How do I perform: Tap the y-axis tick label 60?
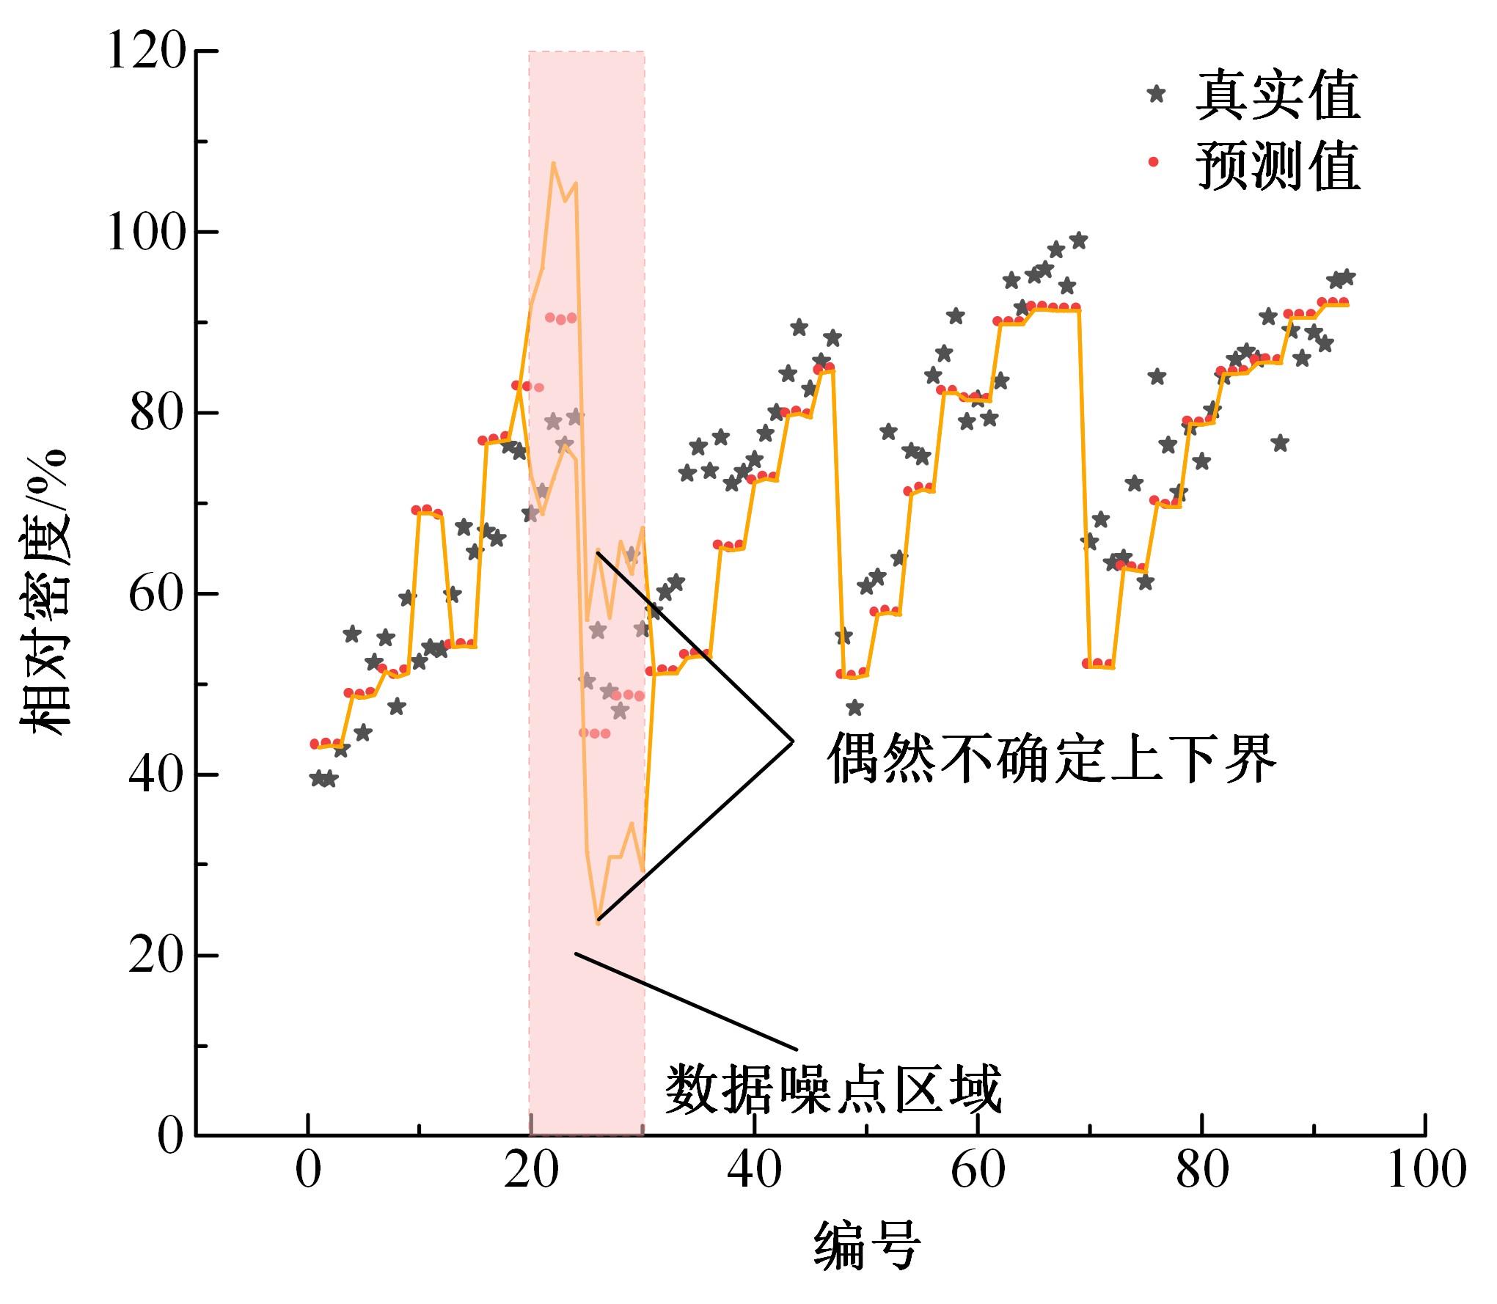(155, 595)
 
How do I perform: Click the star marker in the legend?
(1157, 94)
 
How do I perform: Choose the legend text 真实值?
(1278, 95)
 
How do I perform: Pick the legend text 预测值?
(1278, 164)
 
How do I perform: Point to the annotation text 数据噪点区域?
(833, 1088)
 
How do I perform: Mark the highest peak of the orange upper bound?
(553, 163)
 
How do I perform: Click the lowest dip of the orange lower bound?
(598, 923)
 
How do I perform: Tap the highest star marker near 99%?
(1078, 241)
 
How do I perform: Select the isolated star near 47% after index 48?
(854, 708)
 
